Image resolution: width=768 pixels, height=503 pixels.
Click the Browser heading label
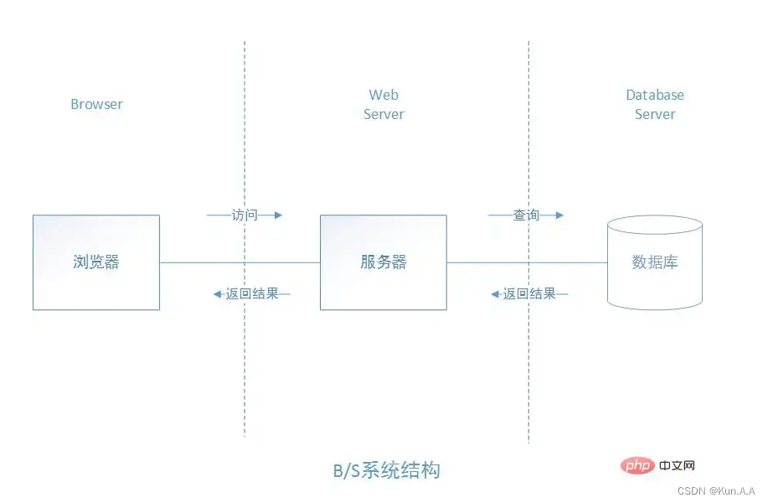click(96, 105)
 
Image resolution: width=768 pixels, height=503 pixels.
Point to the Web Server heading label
click(384, 105)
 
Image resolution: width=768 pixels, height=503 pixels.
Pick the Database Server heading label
click(655, 105)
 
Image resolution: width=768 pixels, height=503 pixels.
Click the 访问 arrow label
click(245, 215)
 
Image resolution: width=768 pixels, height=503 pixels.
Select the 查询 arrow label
click(526, 215)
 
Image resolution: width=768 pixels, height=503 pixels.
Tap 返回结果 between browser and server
click(251, 294)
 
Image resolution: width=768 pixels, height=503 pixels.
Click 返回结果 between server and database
click(529, 294)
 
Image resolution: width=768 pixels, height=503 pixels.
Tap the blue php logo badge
click(638, 465)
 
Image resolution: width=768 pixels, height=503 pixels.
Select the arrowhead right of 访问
click(278, 215)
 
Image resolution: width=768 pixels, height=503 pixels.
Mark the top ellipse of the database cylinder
click(655, 226)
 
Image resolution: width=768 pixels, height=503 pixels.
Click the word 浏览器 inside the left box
click(96, 262)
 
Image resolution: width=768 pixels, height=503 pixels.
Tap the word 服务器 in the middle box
click(384, 262)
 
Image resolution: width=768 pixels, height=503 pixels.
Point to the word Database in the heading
click(655, 96)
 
